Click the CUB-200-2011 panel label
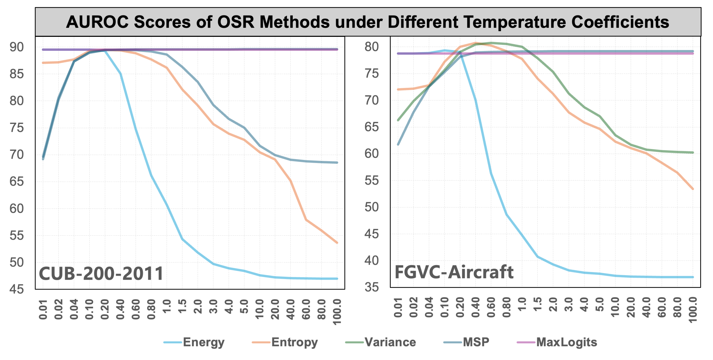pyautogui.click(x=101, y=274)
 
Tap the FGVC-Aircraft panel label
pyautogui.click(x=454, y=272)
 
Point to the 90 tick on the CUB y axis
pyautogui.click(x=17, y=47)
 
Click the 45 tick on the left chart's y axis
pyautogui.click(x=17, y=289)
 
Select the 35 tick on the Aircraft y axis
pyautogui.click(x=372, y=287)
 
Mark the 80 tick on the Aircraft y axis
pyautogui.click(x=372, y=47)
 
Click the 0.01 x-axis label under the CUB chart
pyautogui.click(x=43, y=309)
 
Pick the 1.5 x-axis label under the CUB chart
pyautogui.click(x=182, y=306)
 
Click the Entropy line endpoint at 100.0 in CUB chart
pyautogui.click(x=337, y=243)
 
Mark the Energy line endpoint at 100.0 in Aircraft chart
pyautogui.click(x=693, y=277)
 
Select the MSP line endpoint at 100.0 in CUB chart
pyautogui.click(x=337, y=163)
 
